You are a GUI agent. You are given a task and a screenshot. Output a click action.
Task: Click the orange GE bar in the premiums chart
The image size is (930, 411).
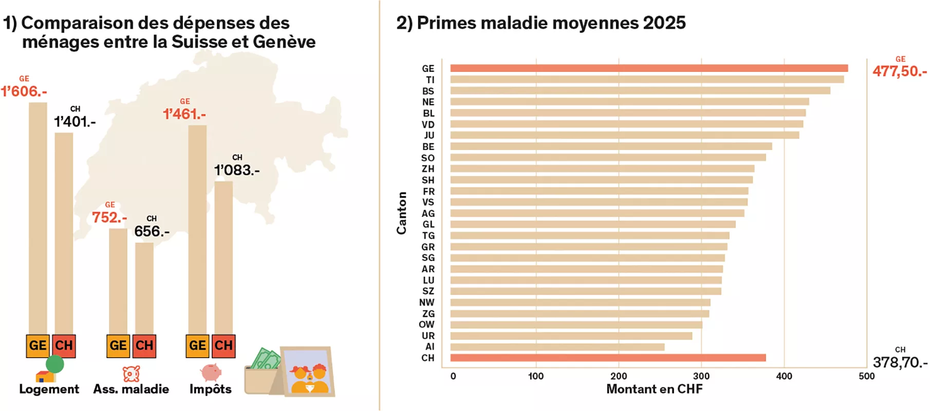(648, 68)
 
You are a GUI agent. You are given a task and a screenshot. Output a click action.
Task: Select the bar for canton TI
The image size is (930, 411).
(646, 80)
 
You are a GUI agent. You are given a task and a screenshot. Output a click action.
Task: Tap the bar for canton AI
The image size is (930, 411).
(557, 347)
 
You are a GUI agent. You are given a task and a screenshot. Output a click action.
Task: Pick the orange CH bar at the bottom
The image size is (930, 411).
(607, 358)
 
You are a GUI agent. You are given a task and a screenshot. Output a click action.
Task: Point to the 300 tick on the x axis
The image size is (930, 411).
(701, 376)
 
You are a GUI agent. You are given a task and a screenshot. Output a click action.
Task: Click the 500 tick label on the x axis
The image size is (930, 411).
(866, 376)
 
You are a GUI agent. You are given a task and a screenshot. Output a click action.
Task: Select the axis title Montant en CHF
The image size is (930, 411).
(654, 389)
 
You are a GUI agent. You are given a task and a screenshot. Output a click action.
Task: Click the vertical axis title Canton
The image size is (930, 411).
(402, 213)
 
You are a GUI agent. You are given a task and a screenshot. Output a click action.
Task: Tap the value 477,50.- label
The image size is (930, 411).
(899, 71)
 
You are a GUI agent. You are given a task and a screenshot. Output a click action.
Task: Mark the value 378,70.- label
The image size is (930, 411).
(900, 362)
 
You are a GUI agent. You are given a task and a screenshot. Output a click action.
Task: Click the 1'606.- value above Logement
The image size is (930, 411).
(24, 91)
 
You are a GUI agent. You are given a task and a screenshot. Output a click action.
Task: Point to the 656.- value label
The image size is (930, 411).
(152, 231)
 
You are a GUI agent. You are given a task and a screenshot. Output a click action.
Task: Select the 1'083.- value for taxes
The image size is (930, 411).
(237, 170)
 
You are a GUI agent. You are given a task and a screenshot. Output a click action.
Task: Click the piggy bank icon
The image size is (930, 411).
(211, 372)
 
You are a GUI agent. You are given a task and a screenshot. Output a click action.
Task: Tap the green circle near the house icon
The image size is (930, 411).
(55, 364)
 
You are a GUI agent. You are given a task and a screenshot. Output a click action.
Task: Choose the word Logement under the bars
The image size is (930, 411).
(49, 389)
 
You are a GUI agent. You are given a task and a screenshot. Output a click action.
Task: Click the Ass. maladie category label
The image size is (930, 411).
(131, 389)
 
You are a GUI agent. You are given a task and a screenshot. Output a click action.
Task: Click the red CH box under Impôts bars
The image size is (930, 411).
(224, 345)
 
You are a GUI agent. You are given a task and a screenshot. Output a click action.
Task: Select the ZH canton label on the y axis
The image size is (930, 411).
(428, 169)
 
